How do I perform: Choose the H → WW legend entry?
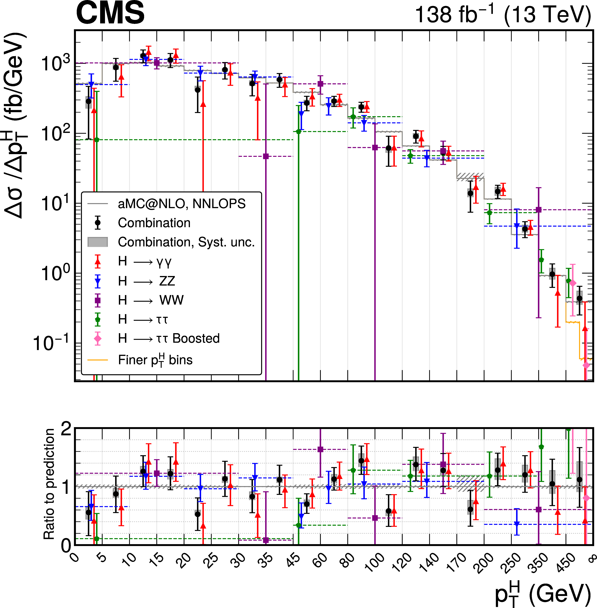click(x=150, y=300)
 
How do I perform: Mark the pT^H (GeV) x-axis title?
click(x=542, y=594)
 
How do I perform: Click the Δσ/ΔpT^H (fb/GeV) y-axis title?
click(x=16, y=125)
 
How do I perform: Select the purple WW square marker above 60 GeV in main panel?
click(x=320, y=84)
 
